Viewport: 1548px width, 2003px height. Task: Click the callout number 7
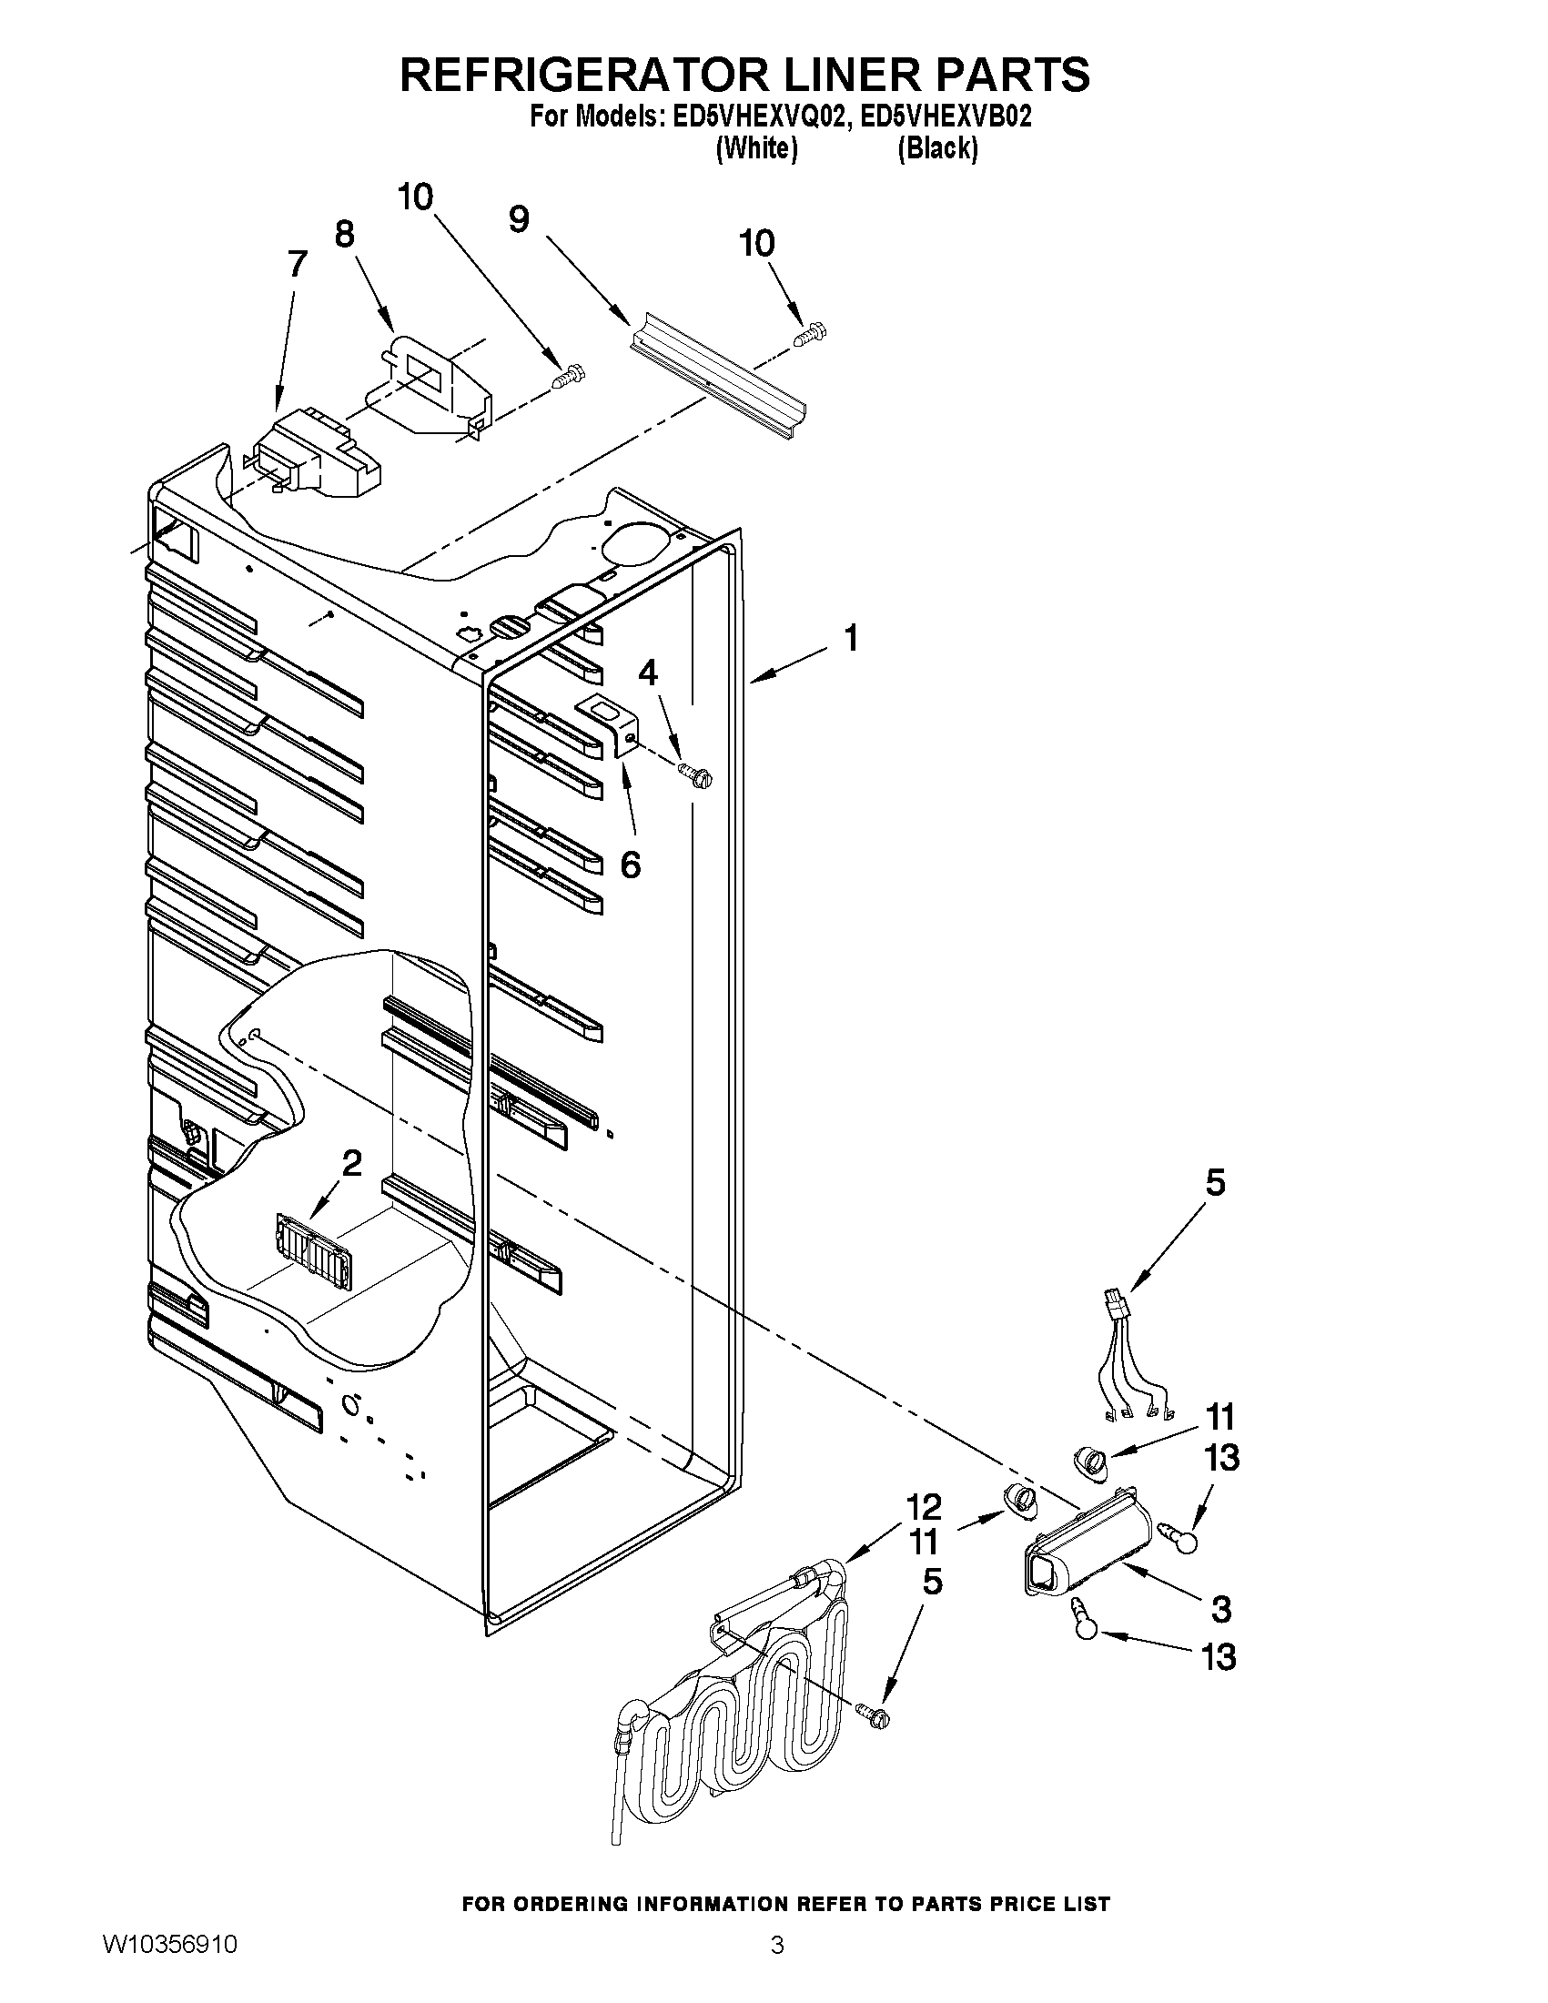tap(297, 265)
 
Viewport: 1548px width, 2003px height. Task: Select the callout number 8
tap(344, 235)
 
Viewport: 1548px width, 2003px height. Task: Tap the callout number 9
tap(519, 219)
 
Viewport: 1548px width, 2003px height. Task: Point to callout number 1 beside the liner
tap(851, 638)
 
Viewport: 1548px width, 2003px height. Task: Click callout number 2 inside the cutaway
tap(351, 1164)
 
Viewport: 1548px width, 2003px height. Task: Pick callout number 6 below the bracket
tap(630, 864)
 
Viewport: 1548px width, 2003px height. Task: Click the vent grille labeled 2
tap(314, 1249)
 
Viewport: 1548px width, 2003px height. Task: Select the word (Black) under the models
tap(937, 147)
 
